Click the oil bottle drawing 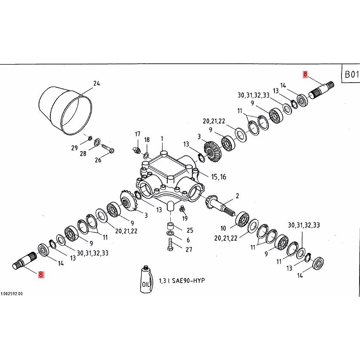point(147,281)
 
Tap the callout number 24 point(96,83)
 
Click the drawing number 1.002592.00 point(12,294)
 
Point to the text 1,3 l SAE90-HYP point(182,280)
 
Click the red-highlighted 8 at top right point(305,74)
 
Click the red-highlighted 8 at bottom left point(41,274)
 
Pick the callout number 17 point(137,134)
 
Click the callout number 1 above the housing point(162,138)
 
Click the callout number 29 point(74,148)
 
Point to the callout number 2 point(237,196)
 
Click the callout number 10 point(222,228)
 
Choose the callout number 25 point(190,230)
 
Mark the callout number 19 point(185,218)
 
